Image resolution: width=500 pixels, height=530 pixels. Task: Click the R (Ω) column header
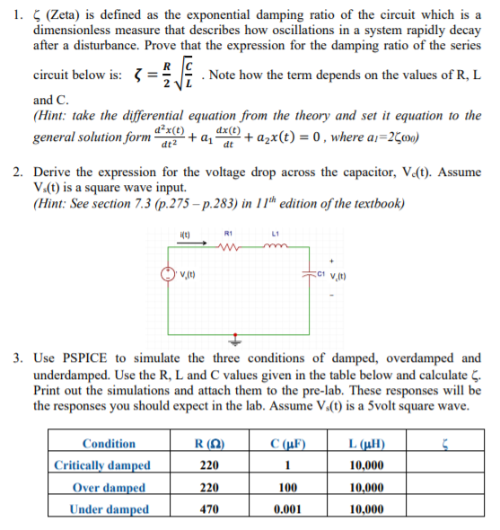click(x=209, y=444)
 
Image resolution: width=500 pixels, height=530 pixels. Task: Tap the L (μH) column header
click(x=367, y=444)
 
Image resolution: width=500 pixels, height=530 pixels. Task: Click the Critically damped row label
click(x=102, y=465)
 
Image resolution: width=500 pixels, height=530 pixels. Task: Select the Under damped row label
click(x=110, y=509)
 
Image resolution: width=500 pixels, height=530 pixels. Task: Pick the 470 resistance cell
click(x=209, y=509)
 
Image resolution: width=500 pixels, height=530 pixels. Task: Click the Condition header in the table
click(x=109, y=444)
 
